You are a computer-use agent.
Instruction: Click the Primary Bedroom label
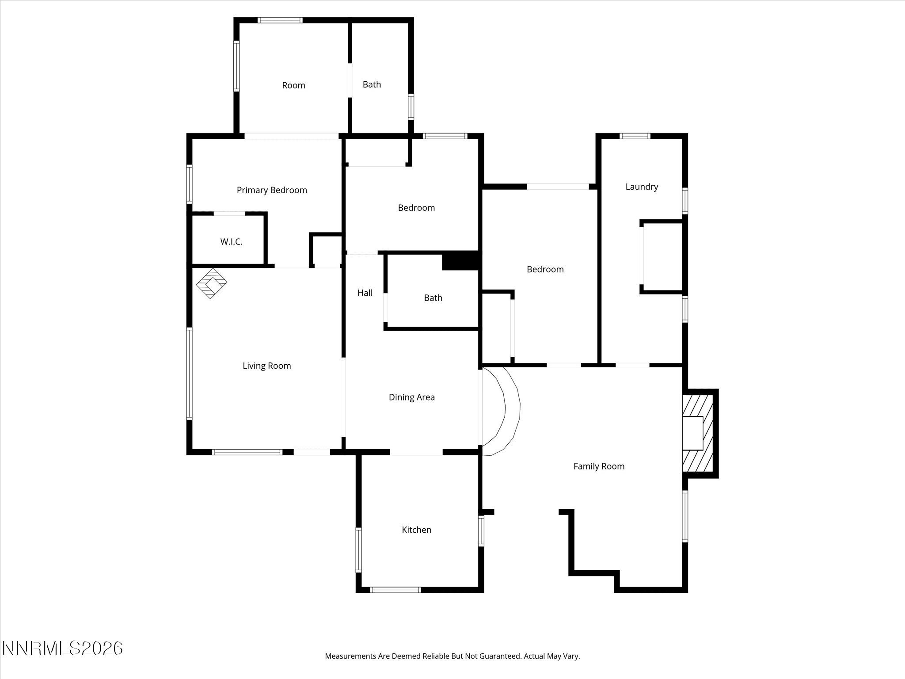coord(272,190)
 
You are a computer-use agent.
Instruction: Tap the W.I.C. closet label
coord(232,242)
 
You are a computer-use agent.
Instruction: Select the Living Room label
coord(267,366)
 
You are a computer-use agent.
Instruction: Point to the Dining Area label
coord(412,397)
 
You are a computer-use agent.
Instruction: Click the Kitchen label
coord(417,530)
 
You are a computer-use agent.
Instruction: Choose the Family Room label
coord(599,466)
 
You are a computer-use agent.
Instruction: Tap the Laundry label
coord(642,187)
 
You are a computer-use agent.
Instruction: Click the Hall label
coord(365,293)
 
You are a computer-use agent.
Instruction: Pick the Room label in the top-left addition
coord(294,85)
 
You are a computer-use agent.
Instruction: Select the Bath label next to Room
coord(372,84)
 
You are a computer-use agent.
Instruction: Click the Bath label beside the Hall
coord(433,298)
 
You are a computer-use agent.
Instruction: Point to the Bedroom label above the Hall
coord(417,208)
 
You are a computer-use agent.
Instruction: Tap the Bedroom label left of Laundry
coord(545,269)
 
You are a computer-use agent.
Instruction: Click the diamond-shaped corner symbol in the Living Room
coord(212,283)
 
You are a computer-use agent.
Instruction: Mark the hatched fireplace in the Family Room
coord(698,434)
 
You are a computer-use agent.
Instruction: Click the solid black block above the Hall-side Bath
coord(460,261)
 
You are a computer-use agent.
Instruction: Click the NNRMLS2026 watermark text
coord(62,648)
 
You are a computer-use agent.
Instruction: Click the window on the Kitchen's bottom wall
coord(395,590)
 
